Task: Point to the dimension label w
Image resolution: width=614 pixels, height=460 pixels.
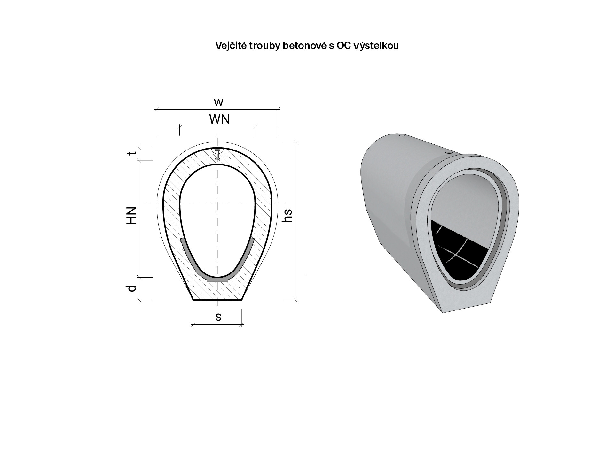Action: (218, 103)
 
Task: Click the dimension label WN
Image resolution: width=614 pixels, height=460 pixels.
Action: (219, 119)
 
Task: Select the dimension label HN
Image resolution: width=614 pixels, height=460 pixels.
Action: (131, 215)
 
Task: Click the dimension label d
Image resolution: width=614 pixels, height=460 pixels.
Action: (131, 288)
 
